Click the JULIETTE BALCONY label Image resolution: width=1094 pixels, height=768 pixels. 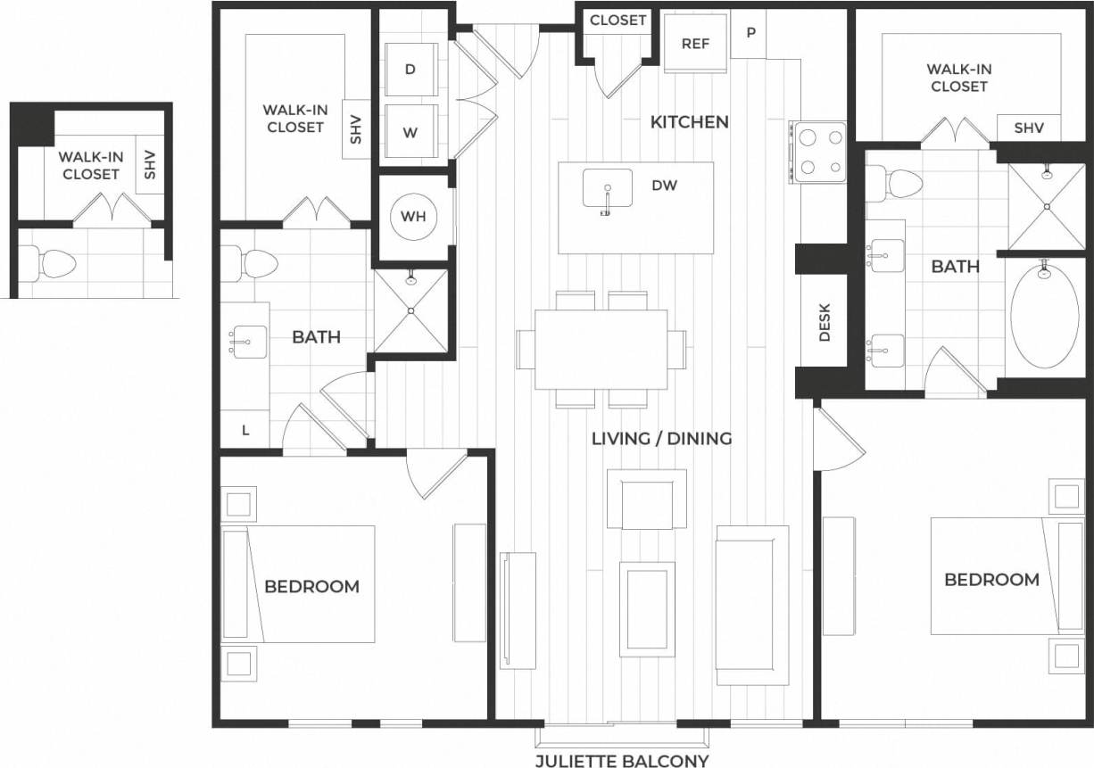point(622,760)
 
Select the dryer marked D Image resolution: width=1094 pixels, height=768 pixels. point(410,69)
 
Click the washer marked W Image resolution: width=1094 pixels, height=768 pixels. point(410,133)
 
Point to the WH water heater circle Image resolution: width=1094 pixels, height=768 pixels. point(412,217)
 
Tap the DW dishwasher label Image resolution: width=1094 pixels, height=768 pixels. point(664,186)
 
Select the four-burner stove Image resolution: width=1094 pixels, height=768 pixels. point(820,152)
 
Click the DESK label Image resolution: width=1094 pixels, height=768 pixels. point(824,322)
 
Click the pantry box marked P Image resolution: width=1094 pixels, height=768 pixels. point(750,33)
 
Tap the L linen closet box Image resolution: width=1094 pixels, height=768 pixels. point(245,430)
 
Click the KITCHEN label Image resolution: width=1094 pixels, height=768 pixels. point(689,121)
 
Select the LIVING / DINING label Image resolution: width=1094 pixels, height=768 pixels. point(661,438)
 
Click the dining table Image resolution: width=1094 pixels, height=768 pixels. point(601,348)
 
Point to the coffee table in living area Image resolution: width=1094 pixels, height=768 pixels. point(646,609)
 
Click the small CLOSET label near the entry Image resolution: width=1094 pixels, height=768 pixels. point(617,20)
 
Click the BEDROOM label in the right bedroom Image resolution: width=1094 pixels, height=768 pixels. point(991,579)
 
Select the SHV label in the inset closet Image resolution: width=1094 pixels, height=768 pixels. point(149,164)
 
